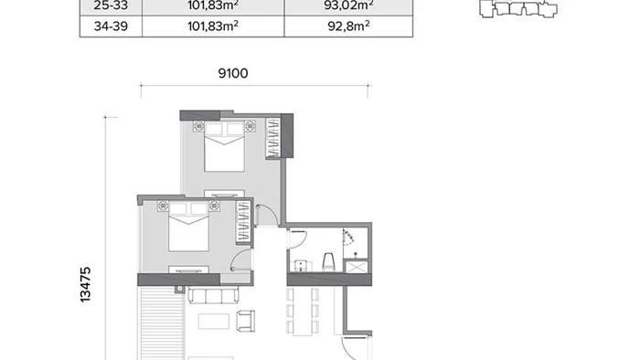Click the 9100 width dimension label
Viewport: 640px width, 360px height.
tap(233, 73)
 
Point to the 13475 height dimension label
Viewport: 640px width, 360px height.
tap(85, 284)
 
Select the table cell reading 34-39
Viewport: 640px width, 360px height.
tap(111, 26)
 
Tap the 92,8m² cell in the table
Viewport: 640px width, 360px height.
tap(348, 26)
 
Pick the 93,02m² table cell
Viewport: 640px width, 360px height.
tap(348, 5)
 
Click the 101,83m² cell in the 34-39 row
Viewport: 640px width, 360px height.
tap(213, 26)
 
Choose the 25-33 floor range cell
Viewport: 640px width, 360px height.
tap(111, 5)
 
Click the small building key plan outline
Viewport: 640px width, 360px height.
tap(518, 8)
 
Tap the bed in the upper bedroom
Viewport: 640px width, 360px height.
tap(225, 147)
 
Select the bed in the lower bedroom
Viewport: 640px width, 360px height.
tap(188, 227)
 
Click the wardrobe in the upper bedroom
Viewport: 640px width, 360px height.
tap(273, 138)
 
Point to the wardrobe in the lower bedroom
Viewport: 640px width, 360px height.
tap(243, 222)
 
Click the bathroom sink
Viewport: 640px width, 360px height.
tap(301, 265)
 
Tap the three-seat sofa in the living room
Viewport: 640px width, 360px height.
tap(213, 295)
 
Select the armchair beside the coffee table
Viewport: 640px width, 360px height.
tap(246, 321)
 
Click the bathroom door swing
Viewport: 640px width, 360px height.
tap(298, 239)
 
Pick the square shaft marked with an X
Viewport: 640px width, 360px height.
tap(357, 267)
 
